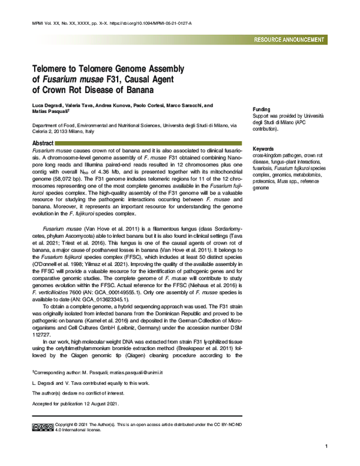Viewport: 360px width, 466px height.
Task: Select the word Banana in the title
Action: pyautogui.click(x=138, y=90)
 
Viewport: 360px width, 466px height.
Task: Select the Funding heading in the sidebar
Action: pyautogui.click(x=262, y=103)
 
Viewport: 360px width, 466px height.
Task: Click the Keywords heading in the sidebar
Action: pyautogui.click(x=265, y=148)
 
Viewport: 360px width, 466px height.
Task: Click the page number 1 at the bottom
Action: pyautogui.click(x=325, y=447)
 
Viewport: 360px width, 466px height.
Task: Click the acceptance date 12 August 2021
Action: pyautogui.click(x=98, y=403)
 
